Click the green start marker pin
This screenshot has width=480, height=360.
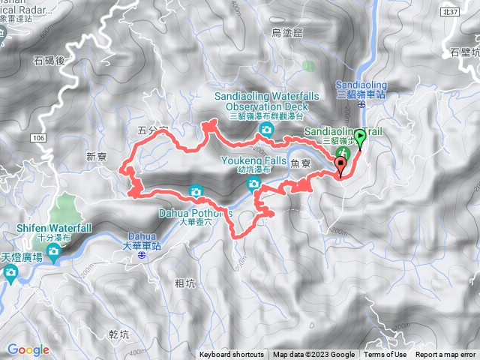point(360,138)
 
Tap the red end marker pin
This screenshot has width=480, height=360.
point(341,166)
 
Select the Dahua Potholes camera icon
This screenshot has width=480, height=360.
point(196,190)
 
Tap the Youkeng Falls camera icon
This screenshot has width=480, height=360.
point(254,184)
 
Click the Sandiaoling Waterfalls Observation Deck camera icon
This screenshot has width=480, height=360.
point(265,131)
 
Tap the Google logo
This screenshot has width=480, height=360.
point(28,349)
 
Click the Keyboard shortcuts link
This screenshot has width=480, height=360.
point(232,355)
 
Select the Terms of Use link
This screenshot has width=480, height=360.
point(385,355)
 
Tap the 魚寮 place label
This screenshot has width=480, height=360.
point(300,160)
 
